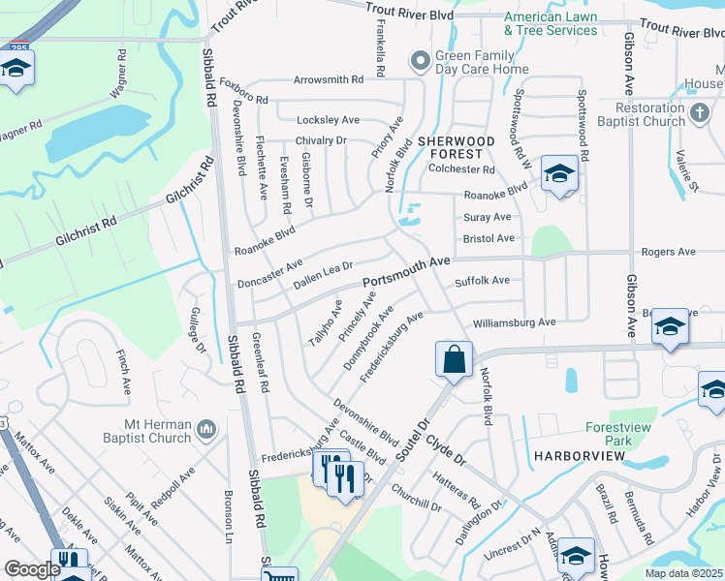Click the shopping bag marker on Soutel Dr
coord(454,360)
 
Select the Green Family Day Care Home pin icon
coord(420,62)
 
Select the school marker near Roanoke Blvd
coord(559,173)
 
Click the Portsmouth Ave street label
coord(407,272)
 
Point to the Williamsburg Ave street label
coord(514,322)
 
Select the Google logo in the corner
coord(32,569)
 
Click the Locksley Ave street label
coord(328,120)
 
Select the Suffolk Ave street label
coord(482,281)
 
